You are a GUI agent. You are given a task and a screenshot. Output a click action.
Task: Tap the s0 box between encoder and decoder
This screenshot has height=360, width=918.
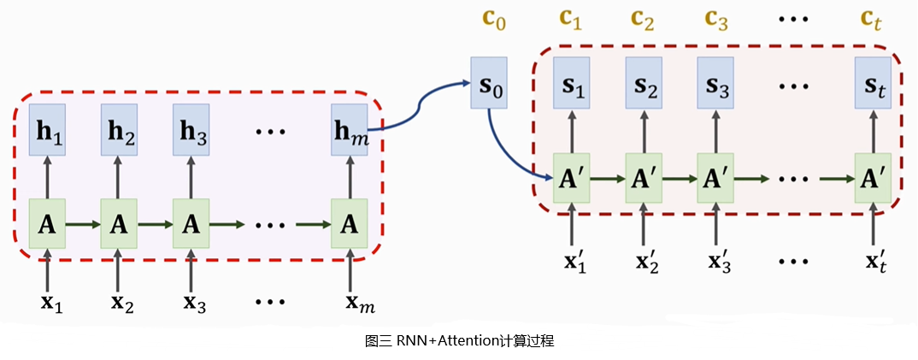pyautogui.click(x=489, y=83)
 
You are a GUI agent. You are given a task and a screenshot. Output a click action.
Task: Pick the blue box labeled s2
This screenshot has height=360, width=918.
pyautogui.click(x=644, y=83)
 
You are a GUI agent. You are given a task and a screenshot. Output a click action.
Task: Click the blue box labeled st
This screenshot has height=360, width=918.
pyautogui.click(x=873, y=83)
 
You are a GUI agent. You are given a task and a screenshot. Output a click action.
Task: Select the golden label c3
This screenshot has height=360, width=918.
pyautogui.click(x=717, y=19)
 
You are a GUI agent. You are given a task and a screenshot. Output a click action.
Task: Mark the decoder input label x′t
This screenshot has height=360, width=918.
pyautogui.click(x=875, y=258)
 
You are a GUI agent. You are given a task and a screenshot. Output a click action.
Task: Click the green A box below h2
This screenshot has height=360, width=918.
pyautogui.click(x=120, y=224)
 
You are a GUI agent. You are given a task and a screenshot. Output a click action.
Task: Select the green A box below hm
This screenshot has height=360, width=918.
pyautogui.click(x=349, y=224)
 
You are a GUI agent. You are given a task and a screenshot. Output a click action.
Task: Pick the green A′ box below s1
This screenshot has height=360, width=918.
pyautogui.click(x=572, y=179)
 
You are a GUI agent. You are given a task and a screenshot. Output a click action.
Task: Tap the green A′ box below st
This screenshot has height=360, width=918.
pyautogui.click(x=873, y=179)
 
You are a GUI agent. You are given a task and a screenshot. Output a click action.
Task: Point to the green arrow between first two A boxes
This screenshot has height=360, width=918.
pyautogui.click(x=83, y=225)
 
